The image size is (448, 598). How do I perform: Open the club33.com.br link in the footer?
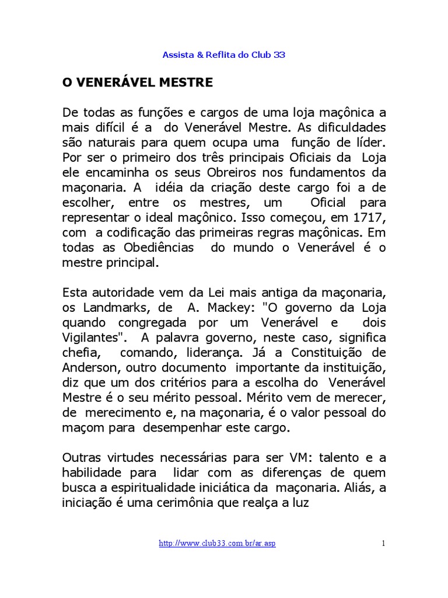(x=217, y=544)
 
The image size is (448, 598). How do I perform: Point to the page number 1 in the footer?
(x=384, y=544)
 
